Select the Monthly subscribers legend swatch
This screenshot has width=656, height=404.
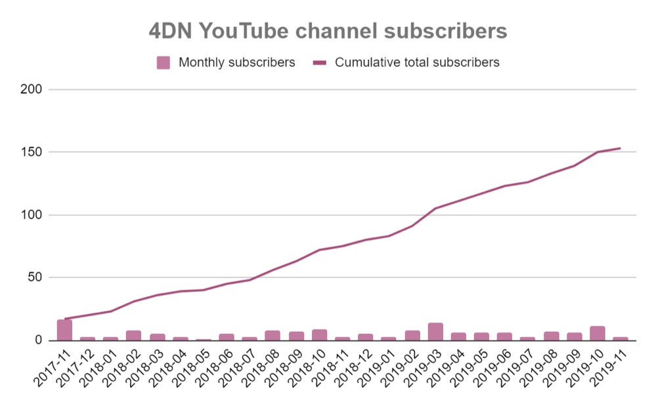pos(164,63)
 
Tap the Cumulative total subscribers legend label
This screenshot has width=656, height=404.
pos(417,63)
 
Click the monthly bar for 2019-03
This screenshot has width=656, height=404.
pos(435,332)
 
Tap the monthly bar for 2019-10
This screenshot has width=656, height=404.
pos(597,333)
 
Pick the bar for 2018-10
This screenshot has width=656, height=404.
pos(320,335)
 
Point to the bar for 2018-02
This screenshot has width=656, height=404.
pos(134,336)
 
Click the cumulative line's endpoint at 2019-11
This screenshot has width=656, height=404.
pos(620,148)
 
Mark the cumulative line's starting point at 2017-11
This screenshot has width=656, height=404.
pos(64,319)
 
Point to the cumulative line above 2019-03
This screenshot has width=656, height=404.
pos(435,209)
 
